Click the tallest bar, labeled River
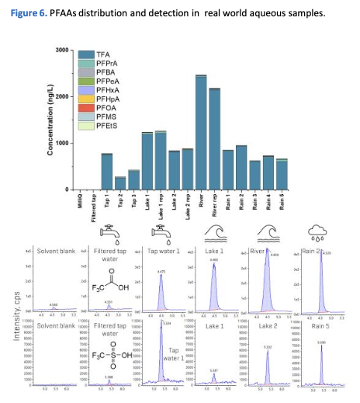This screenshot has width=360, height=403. pyautogui.click(x=200, y=132)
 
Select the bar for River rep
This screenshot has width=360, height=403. pyautogui.click(x=214, y=140)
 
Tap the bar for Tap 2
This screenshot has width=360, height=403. pyautogui.click(x=120, y=183)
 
